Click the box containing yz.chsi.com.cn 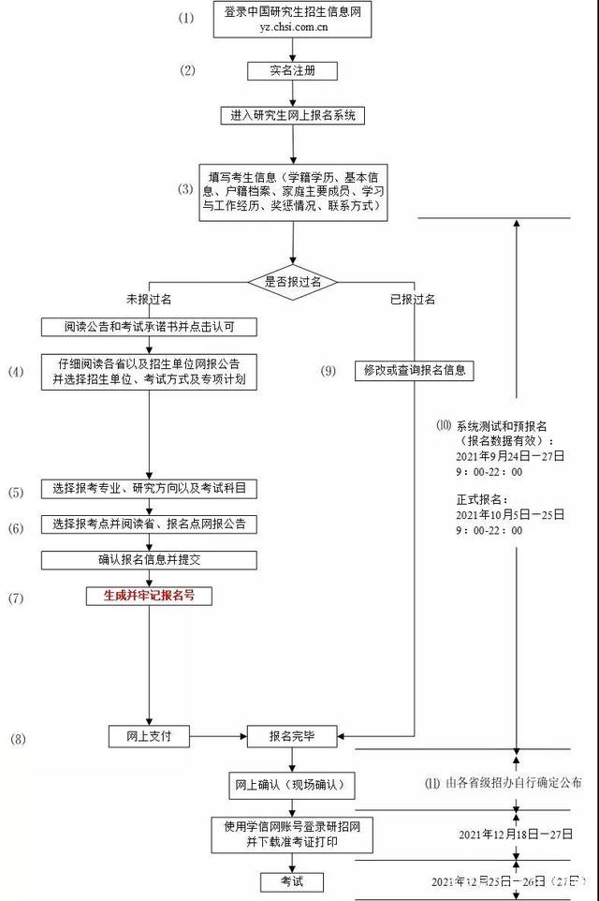click(293, 20)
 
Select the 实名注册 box click(293, 71)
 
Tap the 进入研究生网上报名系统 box click(293, 116)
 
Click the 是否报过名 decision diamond click(293, 281)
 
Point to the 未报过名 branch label click(149, 300)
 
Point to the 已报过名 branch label click(413, 300)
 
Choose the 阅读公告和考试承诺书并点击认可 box click(149, 327)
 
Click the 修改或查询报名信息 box click(414, 371)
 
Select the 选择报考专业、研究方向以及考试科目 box click(149, 490)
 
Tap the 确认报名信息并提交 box click(149, 560)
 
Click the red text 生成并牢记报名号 click(149, 595)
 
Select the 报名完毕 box click(292, 736)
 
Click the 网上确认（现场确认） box click(292, 783)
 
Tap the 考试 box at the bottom click(293, 881)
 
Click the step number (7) click(17, 596)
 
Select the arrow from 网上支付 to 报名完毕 click(217, 737)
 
